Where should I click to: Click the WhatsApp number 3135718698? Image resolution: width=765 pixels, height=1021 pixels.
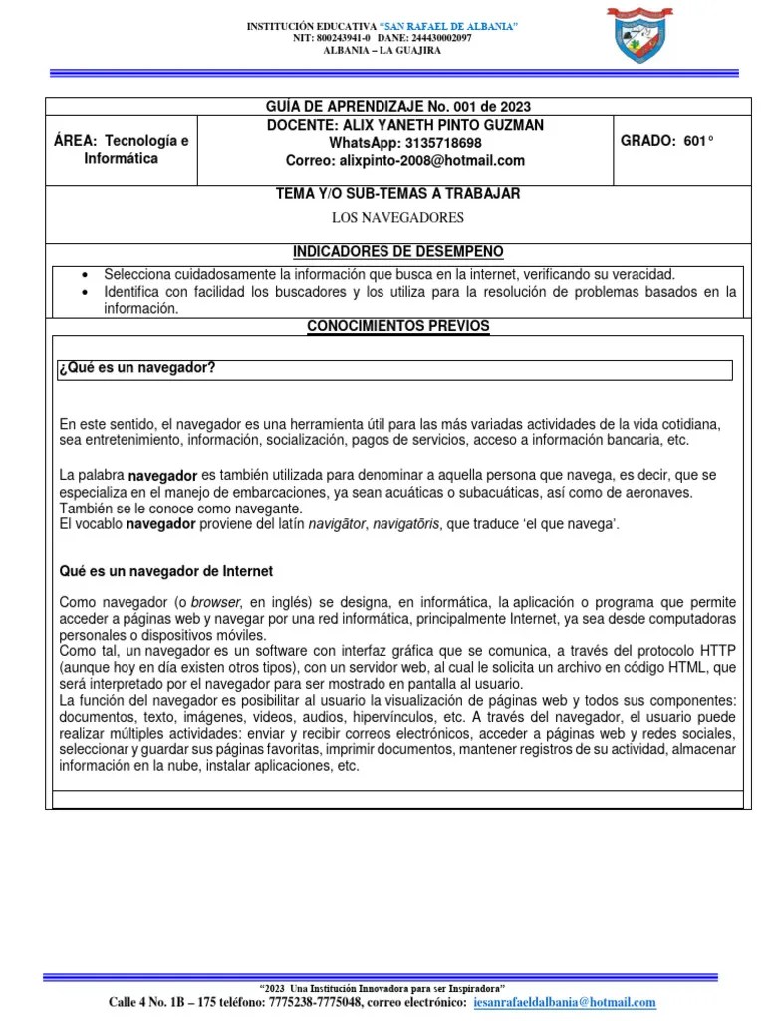point(441,142)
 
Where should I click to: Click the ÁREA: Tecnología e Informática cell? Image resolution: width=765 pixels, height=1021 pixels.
point(121,150)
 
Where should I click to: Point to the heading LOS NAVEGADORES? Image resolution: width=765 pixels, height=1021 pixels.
point(397,217)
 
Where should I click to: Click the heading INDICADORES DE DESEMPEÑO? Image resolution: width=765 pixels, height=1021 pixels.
point(397,250)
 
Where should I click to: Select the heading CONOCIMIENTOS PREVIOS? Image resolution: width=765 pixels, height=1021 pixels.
point(397,326)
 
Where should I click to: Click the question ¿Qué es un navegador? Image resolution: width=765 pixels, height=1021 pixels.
point(138,368)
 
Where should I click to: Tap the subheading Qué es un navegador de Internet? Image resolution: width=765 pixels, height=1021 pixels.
point(166,571)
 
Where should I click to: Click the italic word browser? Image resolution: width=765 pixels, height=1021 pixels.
point(216,602)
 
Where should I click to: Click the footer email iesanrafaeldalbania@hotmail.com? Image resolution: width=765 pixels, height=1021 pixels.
point(565,1002)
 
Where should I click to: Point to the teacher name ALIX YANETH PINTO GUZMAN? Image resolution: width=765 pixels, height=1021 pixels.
point(404,124)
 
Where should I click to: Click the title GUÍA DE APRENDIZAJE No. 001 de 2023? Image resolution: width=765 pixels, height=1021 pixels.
point(397,106)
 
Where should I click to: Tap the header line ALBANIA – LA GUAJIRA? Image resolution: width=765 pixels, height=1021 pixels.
point(383,50)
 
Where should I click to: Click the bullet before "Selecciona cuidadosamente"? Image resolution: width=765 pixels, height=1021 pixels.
point(85,274)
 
